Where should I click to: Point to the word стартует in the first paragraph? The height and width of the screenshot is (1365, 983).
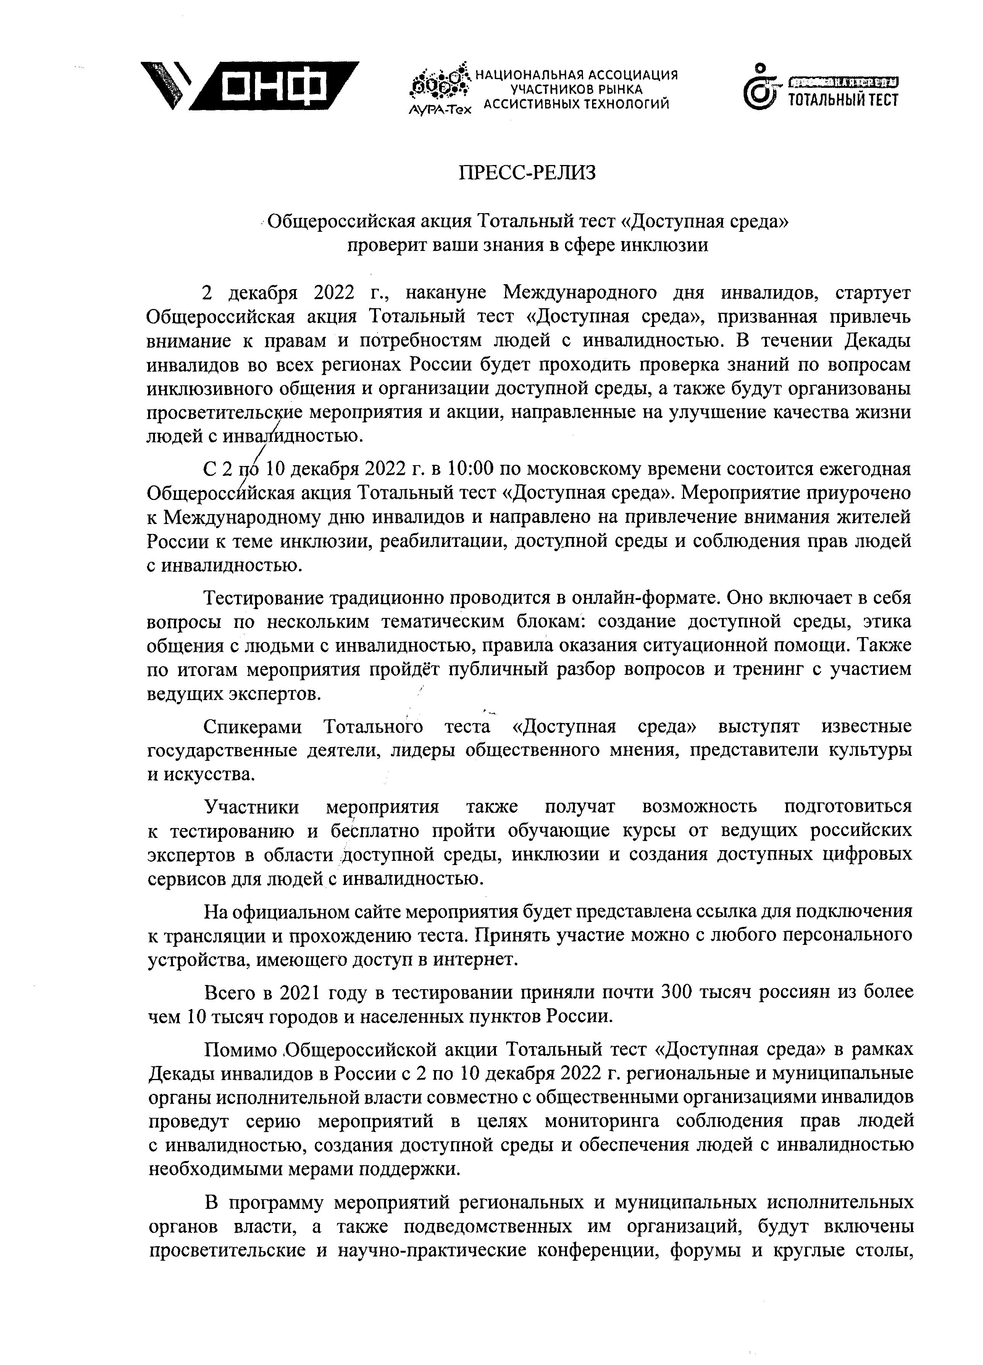(x=873, y=293)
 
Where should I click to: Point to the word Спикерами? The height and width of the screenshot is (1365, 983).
(x=253, y=726)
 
